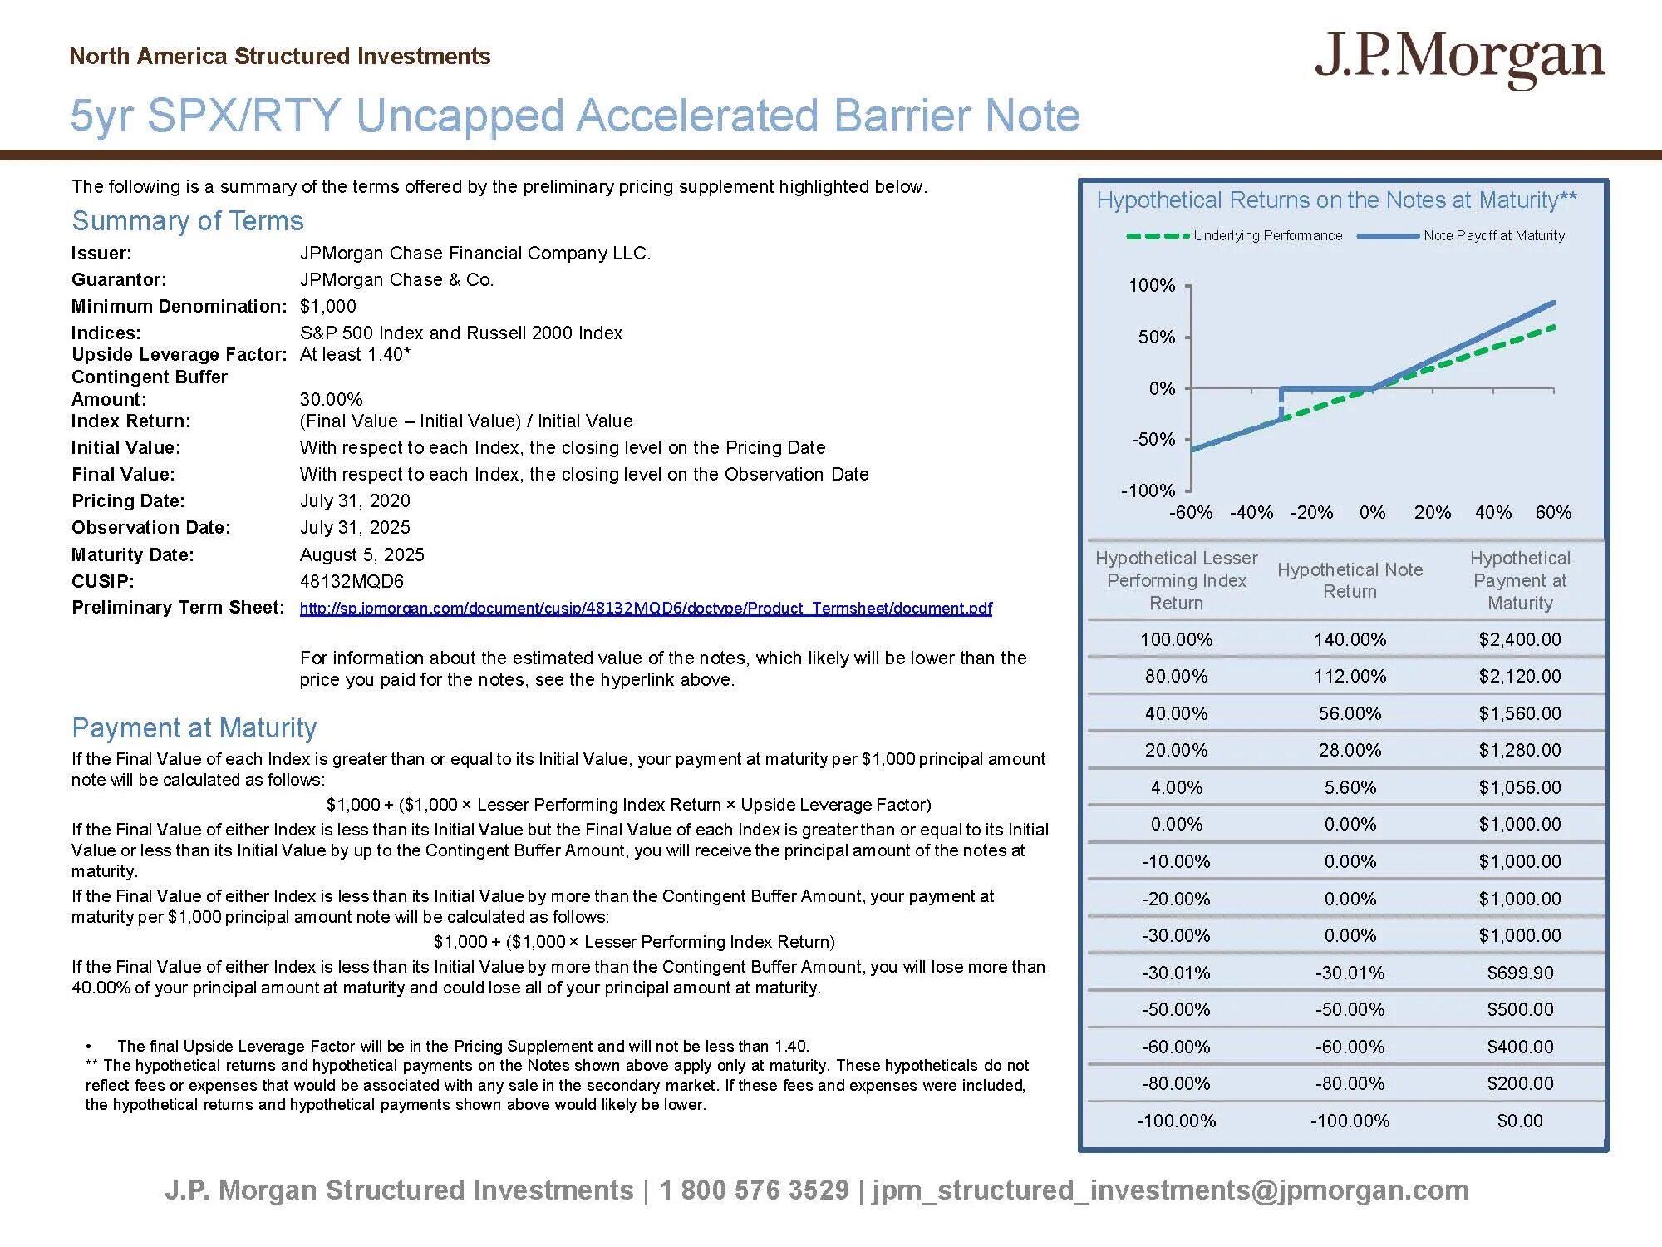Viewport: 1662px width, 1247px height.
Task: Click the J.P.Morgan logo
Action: coord(1459,59)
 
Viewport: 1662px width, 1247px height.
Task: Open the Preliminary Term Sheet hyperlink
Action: coord(646,608)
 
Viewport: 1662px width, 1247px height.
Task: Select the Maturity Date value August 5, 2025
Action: coord(361,554)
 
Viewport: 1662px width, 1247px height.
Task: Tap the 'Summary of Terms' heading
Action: coord(188,221)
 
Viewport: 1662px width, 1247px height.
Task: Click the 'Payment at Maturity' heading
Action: coord(194,727)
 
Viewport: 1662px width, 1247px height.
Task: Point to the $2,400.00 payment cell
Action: coord(1519,639)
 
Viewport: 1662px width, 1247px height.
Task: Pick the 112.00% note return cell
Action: coord(1350,676)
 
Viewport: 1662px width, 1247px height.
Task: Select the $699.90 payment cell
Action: coord(1519,973)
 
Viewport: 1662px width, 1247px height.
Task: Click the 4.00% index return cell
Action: coord(1176,787)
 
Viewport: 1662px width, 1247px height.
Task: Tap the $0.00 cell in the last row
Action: coord(1519,1121)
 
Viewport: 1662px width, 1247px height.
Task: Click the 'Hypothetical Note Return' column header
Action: coord(1350,580)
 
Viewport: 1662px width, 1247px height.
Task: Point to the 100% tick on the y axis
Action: coord(1152,286)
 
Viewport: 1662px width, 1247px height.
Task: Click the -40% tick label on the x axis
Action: coord(1251,512)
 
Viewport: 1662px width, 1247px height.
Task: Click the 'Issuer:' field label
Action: coord(101,254)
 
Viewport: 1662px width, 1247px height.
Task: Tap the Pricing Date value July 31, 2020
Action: coord(355,500)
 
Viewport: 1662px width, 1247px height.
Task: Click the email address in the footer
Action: coord(1170,1190)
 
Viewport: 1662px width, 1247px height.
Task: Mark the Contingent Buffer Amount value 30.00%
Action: coord(331,399)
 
